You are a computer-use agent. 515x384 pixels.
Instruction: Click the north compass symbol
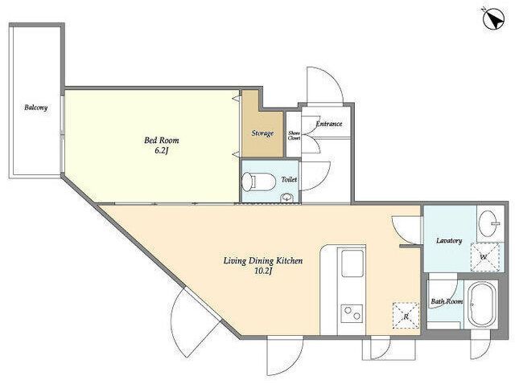pos(493,20)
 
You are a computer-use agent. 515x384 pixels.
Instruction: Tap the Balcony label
pos(35,107)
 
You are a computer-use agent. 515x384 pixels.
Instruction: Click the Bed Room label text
pos(162,141)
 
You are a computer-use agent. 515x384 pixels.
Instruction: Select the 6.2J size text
pos(161,151)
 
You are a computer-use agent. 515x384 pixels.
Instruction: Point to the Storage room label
pos(262,133)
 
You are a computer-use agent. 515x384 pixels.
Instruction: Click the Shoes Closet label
pos(294,136)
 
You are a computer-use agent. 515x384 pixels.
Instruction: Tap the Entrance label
pos(329,124)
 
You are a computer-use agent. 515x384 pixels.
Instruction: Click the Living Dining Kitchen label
pos(263,261)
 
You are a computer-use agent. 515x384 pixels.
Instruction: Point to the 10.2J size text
pos(263,272)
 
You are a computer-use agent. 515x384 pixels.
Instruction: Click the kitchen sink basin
pos(352,263)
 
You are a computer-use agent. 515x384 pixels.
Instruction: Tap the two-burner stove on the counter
pos(352,313)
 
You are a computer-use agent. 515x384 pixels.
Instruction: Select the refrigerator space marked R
pos(406,316)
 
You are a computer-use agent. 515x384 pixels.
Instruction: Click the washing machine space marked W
pos(485,257)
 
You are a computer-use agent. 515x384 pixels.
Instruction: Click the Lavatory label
pos(449,240)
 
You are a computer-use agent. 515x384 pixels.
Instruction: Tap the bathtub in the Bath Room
pos(481,304)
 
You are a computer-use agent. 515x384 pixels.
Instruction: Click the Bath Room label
pos(447,301)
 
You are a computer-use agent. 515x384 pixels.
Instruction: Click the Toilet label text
pos(289,179)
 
